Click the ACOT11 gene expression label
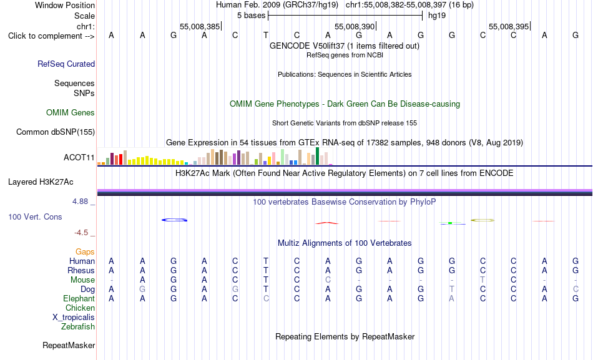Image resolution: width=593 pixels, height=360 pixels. pos(79,157)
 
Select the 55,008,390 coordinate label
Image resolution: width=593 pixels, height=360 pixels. pos(355,26)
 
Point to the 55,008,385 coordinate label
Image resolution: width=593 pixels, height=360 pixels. pos(200,26)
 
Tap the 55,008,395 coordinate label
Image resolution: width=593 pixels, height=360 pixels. pos(509,26)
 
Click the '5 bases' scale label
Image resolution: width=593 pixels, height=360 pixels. pos(251,16)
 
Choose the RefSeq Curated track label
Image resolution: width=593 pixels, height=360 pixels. pos(66,64)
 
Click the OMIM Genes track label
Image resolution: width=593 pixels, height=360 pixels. pos(71,112)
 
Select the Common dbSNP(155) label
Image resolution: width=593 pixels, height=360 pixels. pos(55,132)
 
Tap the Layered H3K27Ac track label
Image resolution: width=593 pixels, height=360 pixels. pos(41,182)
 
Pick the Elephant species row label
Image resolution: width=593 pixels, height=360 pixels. pos(79,299)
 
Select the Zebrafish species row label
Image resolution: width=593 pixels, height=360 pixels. pos(78,327)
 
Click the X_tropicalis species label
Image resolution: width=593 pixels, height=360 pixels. pos(74,318)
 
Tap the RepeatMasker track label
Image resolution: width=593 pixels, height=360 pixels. pos(69,345)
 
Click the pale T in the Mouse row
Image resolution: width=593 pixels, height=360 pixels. pos(483,280)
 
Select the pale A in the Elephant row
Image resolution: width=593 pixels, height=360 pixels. pos(451,299)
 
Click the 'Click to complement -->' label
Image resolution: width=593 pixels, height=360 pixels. pos(51,36)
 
